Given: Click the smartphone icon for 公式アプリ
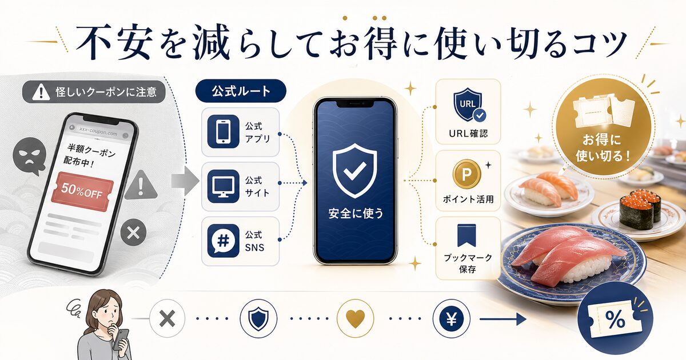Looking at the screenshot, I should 222,131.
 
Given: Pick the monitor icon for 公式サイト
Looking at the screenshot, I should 222,186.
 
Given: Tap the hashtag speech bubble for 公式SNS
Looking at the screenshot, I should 222,241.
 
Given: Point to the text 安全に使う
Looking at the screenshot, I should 356,214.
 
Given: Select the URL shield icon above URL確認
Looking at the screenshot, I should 467,106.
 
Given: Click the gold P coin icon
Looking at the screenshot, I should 466,174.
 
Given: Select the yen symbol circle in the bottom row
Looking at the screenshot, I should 450,318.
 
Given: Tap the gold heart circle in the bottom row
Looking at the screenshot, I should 355,318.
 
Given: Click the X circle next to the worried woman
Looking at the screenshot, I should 167,318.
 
